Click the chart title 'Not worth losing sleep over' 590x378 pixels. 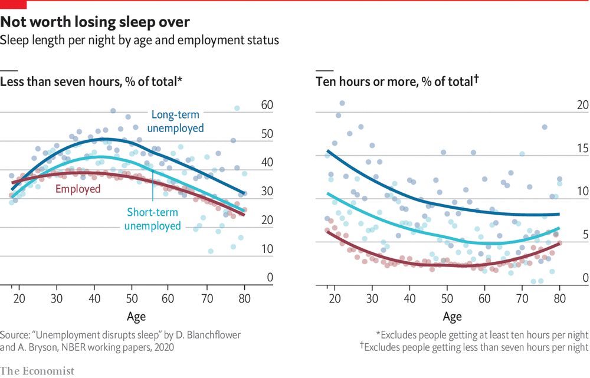tap(95, 22)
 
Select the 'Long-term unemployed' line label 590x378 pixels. tap(178, 121)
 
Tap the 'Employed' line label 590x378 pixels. tap(78, 189)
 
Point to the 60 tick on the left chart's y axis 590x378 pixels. tap(267, 106)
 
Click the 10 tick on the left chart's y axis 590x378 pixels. tap(267, 249)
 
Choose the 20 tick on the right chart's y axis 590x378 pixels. tap(582, 106)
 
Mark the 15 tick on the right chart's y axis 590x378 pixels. tap(582, 149)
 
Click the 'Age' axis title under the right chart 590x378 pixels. tap(452, 317)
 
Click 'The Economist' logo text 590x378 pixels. tap(37, 371)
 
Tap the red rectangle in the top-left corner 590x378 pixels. tap(13, 4)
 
